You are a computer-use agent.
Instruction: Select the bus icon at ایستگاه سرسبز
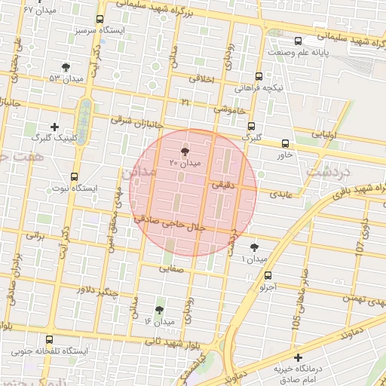point(100,20)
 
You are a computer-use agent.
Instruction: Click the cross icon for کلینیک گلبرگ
point(53,127)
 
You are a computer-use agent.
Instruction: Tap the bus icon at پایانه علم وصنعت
point(299,41)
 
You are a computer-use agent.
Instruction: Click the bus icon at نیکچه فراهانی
point(259,77)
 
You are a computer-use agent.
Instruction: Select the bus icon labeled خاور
point(285,142)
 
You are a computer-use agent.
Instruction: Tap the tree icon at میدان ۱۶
point(158,310)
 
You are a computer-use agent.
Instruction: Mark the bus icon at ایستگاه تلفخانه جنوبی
point(50,340)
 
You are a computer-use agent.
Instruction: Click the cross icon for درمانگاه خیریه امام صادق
point(299,357)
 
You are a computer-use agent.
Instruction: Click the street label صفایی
point(173,277)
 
